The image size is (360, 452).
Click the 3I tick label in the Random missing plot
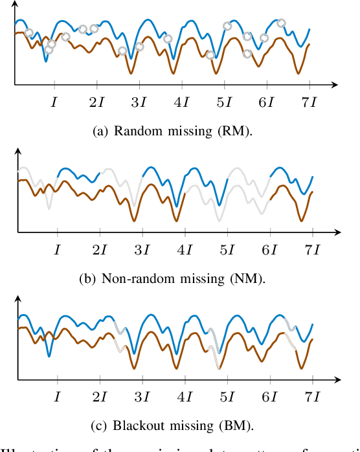pyautogui.click(x=139, y=102)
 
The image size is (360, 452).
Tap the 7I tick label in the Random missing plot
pyautogui.click(x=309, y=102)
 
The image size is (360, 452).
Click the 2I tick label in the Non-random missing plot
pyautogui.click(x=100, y=249)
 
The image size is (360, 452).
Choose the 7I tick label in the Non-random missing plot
pyautogui.click(x=312, y=249)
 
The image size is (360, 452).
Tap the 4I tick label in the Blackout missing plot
pyautogui.click(x=185, y=396)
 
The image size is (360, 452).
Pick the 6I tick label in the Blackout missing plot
pyautogui.click(x=269, y=396)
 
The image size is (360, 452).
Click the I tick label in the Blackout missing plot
pyautogui.click(x=58, y=396)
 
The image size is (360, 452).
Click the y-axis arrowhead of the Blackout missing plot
pyautogui.click(x=18, y=298)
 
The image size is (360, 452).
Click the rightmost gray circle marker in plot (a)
pyautogui.click(x=281, y=23)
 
